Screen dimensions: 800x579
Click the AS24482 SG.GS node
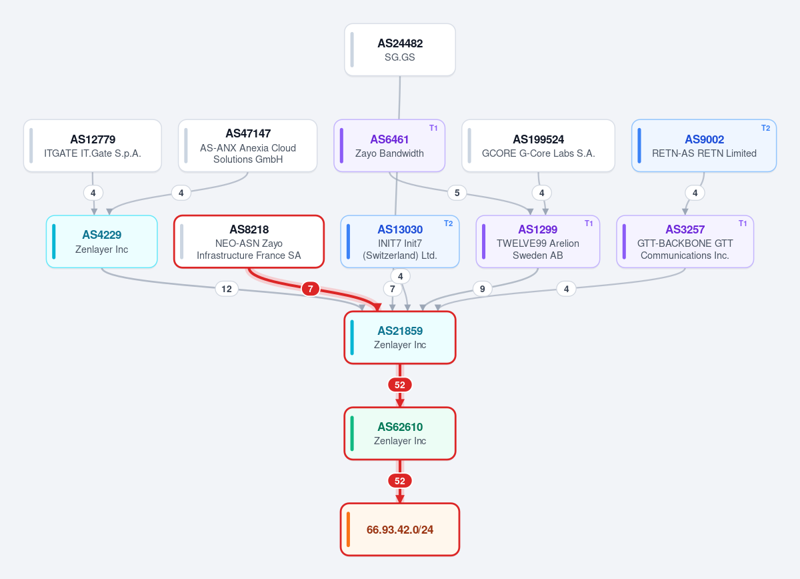click(399, 49)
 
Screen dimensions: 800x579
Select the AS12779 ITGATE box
click(93, 145)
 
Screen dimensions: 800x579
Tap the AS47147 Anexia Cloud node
click(248, 145)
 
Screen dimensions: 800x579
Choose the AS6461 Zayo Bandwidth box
click(389, 145)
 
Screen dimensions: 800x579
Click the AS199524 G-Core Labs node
click(538, 145)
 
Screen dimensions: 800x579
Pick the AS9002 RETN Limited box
click(704, 145)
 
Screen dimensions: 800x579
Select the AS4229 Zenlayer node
click(102, 241)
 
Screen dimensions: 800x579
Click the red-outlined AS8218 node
click(249, 241)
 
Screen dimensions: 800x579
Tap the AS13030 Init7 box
click(399, 241)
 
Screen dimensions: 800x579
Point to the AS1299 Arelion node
click(538, 241)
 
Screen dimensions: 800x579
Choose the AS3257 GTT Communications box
click(685, 241)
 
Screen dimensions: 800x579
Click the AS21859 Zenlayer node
click(399, 338)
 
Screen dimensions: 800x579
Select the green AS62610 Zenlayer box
click(399, 434)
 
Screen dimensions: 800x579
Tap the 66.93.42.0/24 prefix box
click(399, 530)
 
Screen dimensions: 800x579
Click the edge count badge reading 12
click(227, 289)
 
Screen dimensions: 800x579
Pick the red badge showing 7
click(311, 289)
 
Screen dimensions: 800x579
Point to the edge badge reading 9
click(482, 289)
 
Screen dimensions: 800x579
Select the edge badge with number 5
click(457, 193)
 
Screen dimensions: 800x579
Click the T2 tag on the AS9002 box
click(765, 128)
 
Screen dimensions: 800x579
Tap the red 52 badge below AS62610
click(399, 481)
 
